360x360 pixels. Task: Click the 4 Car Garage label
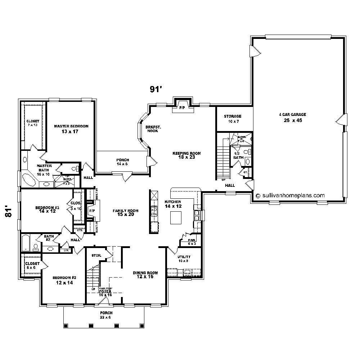292,117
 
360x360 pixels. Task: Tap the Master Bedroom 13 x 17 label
71,129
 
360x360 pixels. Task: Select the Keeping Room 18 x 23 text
186,155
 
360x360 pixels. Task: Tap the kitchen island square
176,217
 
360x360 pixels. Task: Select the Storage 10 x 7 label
233,119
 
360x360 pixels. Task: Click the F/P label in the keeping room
182,108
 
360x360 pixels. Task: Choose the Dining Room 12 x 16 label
143,275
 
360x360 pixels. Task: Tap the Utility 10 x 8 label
184,258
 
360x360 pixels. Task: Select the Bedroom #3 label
47,210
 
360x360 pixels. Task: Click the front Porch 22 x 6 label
107,315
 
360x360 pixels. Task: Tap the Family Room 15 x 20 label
125,213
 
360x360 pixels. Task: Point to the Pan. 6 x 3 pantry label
192,242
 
